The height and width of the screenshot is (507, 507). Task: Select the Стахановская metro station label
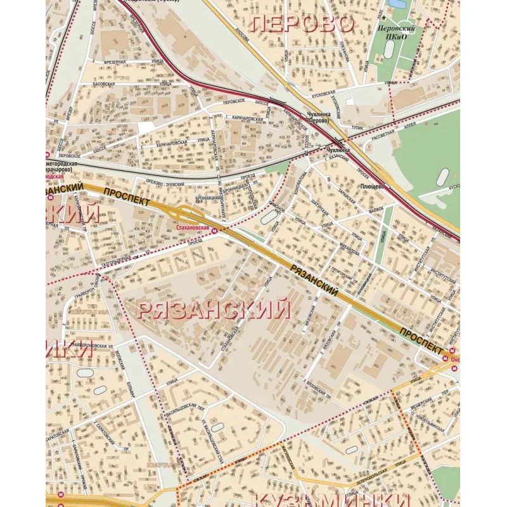coord(192,226)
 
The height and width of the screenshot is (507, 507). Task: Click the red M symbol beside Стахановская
coord(214,231)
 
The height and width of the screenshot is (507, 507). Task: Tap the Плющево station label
coord(373,187)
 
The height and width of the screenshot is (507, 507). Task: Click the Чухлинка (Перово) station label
coord(318,118)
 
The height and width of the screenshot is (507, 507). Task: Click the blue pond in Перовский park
coord(397,5)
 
